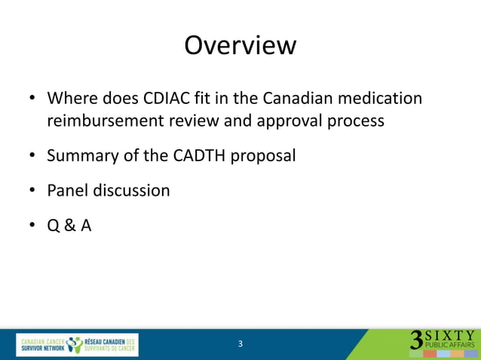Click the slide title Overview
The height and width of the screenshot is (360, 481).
[240, 45]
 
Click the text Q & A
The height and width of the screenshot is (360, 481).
[69, 225]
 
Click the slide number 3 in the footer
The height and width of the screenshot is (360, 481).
[240, 344]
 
